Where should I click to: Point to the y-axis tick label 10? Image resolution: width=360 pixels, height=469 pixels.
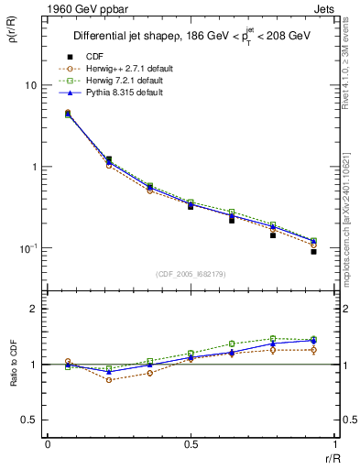(30, 85)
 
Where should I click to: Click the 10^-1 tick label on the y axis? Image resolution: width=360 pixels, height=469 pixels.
(27, 248)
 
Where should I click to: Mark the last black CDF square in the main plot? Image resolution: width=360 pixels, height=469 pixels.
(313, 251)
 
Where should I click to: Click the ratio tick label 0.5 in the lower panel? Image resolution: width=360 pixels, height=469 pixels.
(29, 420)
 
